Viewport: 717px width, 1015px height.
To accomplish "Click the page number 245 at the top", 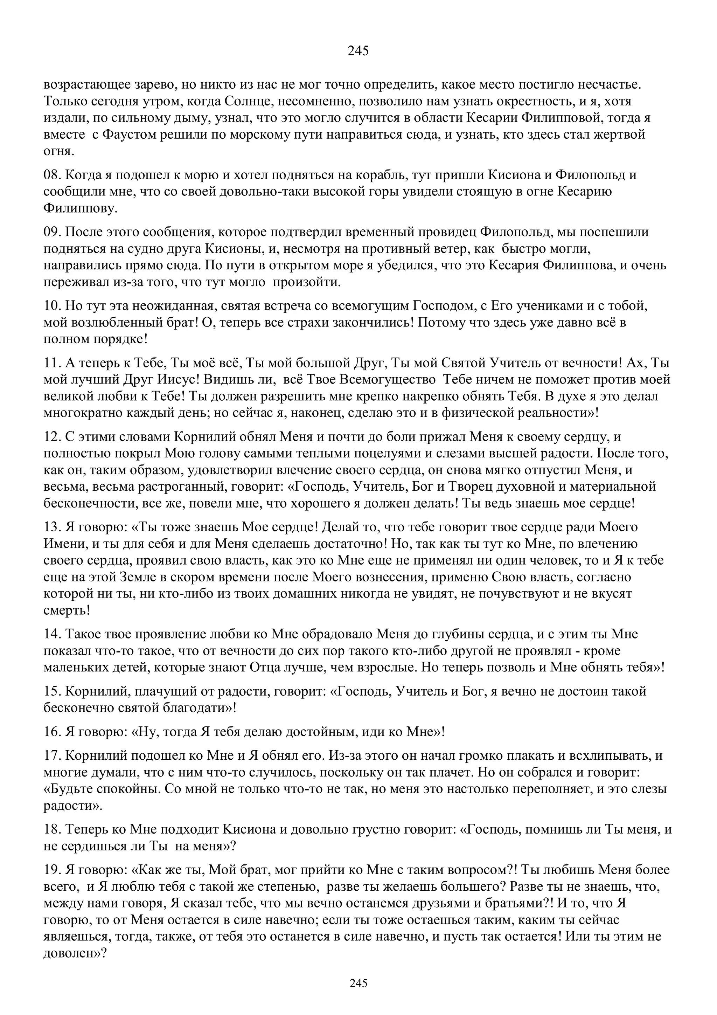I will click(358, 51).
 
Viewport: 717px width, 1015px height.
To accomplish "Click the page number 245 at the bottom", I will click(358, 983).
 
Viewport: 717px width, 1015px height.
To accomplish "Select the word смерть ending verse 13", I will click(64, 611).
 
